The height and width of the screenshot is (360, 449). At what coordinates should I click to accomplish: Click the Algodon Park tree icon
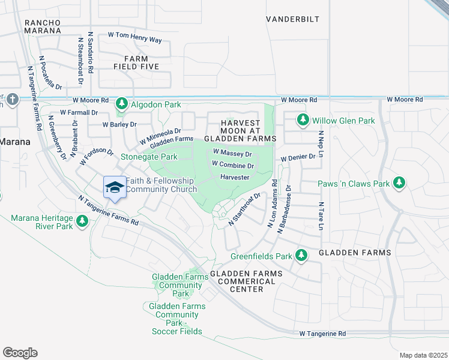121,104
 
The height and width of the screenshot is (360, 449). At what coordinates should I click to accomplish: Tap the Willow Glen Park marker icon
303,121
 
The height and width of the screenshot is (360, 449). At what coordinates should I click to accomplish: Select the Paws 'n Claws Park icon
399,183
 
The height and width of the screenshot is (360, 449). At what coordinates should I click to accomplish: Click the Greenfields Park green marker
301,256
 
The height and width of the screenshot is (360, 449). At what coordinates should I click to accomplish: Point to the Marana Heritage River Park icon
82,223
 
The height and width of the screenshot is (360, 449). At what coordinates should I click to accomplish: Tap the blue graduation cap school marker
114,187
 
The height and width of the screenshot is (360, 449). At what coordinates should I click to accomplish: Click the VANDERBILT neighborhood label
292,19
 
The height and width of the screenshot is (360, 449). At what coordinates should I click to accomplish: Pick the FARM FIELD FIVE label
141,62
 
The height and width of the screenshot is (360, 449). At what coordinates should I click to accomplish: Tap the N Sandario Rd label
91,53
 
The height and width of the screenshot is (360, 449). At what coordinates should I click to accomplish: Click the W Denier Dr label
298,157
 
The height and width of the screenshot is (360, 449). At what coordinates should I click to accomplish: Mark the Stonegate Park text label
149,157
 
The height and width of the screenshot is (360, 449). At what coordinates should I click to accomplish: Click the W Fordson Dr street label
96,157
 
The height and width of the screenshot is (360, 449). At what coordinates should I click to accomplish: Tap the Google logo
20,353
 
